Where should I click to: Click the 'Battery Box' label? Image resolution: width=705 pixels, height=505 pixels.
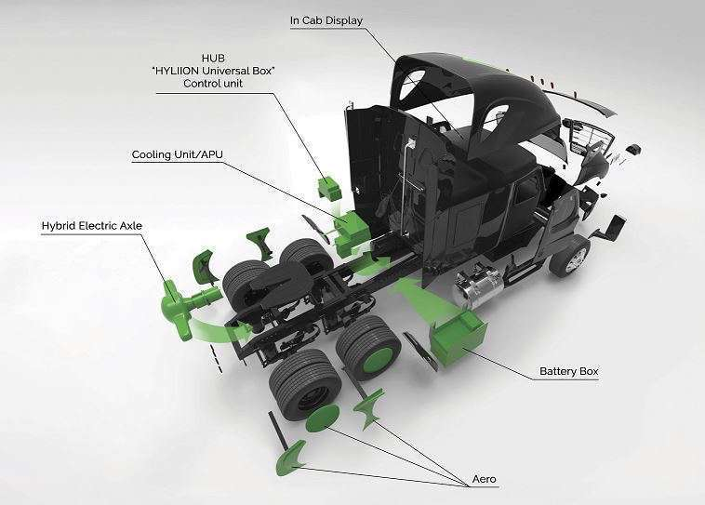(x=569, y=372)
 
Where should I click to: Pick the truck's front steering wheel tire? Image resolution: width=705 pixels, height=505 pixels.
(x=569, y=255)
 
